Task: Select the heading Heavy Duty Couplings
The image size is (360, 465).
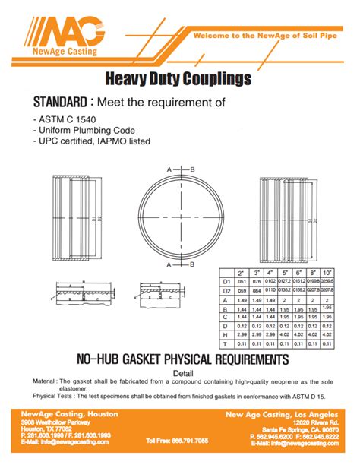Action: pyautogui.click(x=181, y=78)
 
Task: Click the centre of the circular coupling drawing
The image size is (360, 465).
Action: pyautogui.click(x=179, y=218)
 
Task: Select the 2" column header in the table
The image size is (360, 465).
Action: pyautogui.click(x=242, y=273)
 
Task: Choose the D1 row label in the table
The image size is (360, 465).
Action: pyautogui.click(x=226, y=282)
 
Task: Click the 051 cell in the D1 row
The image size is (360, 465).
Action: pyautogui.click(x=242, y=282)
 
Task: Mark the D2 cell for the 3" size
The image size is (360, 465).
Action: pyautogui.click(x=257, y=290)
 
